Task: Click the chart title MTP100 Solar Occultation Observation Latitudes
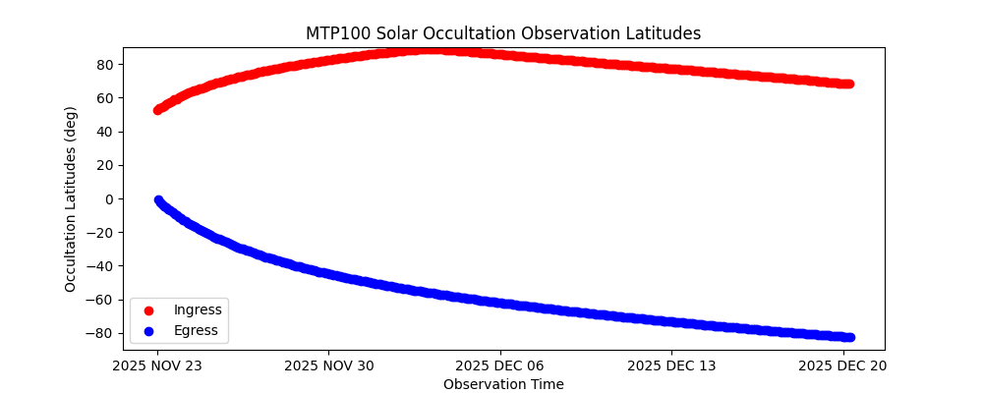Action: click(x=503, y=33)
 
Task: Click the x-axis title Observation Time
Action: click(x=503, y=384)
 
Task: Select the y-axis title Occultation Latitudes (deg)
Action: click(x=71, y=198)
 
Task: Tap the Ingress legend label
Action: click(x=198, y=310)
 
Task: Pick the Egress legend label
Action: click(x=196, y=330)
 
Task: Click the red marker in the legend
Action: click(x=149, y=310)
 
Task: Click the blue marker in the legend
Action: click(x=149, y=330)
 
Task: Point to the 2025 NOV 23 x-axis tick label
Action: click(x=157, y=366)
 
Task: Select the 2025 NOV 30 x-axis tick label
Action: click(x=329, y=366)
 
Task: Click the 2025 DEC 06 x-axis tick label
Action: click(x=500, y=366)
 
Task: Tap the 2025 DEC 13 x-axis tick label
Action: click(x=672, y=366)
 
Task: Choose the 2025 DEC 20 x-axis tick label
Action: click(x=843, y=366)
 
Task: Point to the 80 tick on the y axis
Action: click(x=104, y=65)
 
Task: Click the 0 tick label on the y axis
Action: click(x=108, y=198)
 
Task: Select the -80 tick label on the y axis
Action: click(x=101, y=333)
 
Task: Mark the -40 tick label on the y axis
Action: click(x=101, y=266)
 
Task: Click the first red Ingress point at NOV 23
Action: click(x=157, y=110)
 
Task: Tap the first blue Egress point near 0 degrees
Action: click(x=158, y=199)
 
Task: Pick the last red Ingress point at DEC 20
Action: click(x=848, y=84)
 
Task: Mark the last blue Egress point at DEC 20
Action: click(x=849, y=337)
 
